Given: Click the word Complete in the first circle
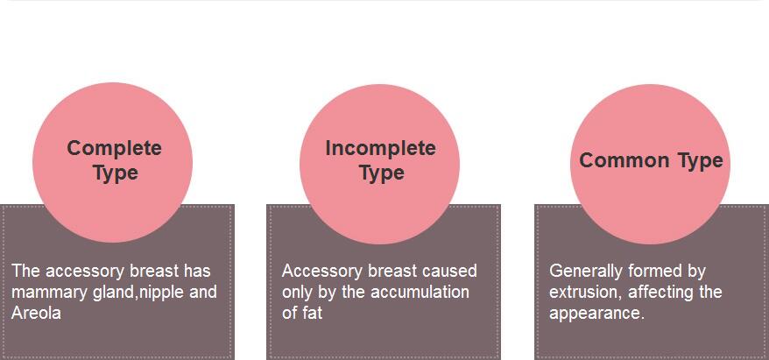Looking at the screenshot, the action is (x=114, y=148).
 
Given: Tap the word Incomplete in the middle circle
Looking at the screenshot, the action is (x=381, y=148).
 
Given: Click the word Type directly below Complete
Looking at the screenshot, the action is (x=116, y=173).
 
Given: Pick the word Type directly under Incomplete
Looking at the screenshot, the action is (x=382, y=173).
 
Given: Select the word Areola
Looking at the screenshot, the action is (x=36, y=314).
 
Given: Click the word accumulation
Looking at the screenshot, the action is (x=420, y=292).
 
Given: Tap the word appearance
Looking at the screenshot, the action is (x=596, y=314).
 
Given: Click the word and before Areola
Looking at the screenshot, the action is (x=203, y=292).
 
